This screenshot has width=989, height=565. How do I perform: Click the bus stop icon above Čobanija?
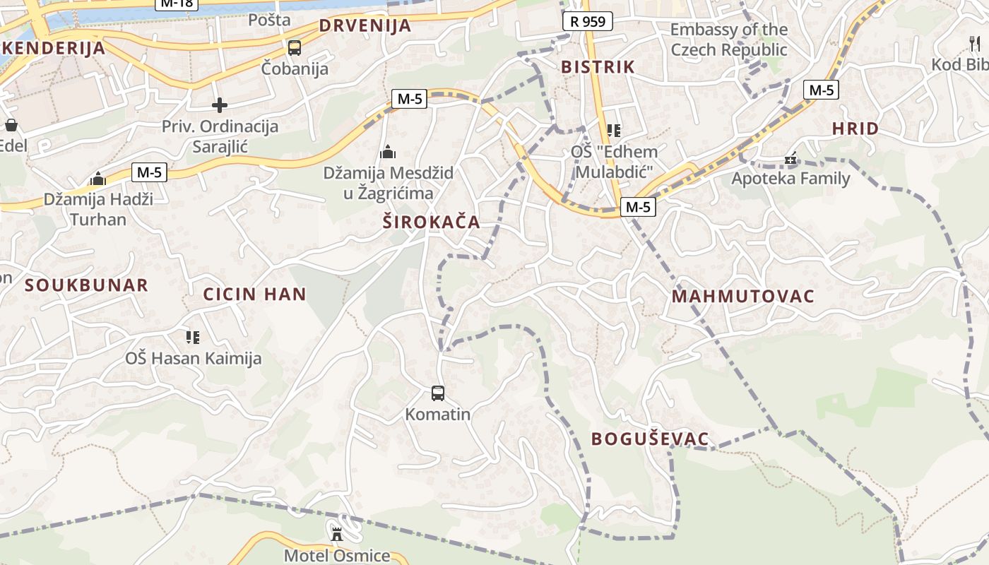pyautogui.click(x=295, y=48)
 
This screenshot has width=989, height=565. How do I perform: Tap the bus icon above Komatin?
pyautogui.click(x=438, y=393)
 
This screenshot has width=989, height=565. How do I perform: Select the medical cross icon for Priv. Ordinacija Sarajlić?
pyautogui.click(x=220, y=105)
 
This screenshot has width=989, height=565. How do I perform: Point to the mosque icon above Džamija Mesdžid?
pyautogui.click(x=387, y=152)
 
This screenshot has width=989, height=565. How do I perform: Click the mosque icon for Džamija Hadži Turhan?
pyautogui.click(x=98, y=179)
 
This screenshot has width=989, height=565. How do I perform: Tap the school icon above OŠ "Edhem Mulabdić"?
pyautogui.click(x=613, y=131)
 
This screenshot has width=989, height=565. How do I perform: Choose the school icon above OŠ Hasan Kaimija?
pyautogui.click(x=193, y=338)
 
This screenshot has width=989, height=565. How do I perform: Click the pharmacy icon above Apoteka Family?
pyautogui.click(x=790, y=159)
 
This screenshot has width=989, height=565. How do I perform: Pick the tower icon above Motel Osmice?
pyautogui.click(x=337, y=533)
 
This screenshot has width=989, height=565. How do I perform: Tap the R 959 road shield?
pyautogui.click(x=588, y=21)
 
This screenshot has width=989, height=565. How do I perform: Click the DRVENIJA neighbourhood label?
pyautogui.click(x=365, y=26)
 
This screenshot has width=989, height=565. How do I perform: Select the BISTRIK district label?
pyautogui.click(x=598, y=67)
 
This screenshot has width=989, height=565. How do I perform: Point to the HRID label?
pyautogui.click(x=855, y=129)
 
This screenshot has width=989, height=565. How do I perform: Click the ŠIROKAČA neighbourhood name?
pyautogui.click(x=431, y=222)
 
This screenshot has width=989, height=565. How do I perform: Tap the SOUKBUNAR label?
pyautogui.click(x=87, y=285)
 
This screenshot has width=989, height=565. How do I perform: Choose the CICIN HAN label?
pyautogui.click(x=254, y=295)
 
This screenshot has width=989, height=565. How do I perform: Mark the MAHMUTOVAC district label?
pyautogui.click(x=743, y=296)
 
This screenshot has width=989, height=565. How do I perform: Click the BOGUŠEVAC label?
pyautogui.click(x=650, y=439)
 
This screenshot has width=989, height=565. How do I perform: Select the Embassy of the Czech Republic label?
pyautogui.click(x=729, y=40)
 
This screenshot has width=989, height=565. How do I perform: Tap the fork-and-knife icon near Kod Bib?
pyautogui.click(x=976, y=44)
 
